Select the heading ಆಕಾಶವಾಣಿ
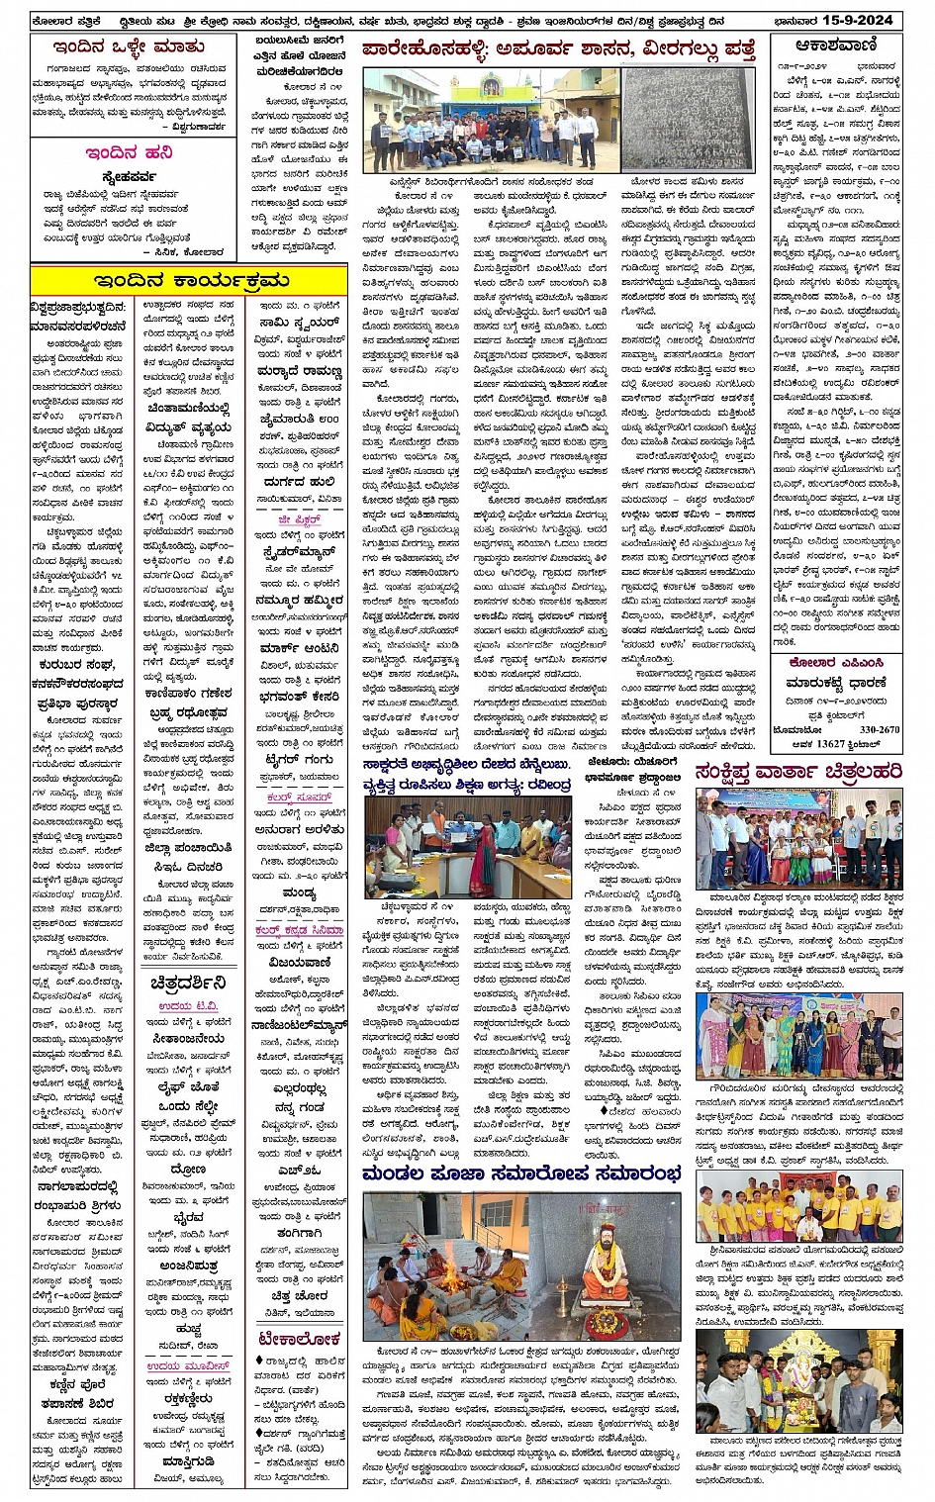click(837, 46)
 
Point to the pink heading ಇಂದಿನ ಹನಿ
click(130, 153)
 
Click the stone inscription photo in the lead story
click(688, 120)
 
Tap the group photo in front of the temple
click(490, 120)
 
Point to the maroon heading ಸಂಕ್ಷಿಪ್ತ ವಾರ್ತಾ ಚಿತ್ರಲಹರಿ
click(799, 772)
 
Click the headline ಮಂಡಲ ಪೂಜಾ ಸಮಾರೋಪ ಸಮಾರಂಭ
click(521, 1173)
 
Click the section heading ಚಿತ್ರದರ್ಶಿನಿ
click(187, 983)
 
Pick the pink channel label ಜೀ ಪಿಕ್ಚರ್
click(299, 519)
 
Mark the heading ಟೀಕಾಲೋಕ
click(298, 1340)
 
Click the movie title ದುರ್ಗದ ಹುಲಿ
click(298, 483)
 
